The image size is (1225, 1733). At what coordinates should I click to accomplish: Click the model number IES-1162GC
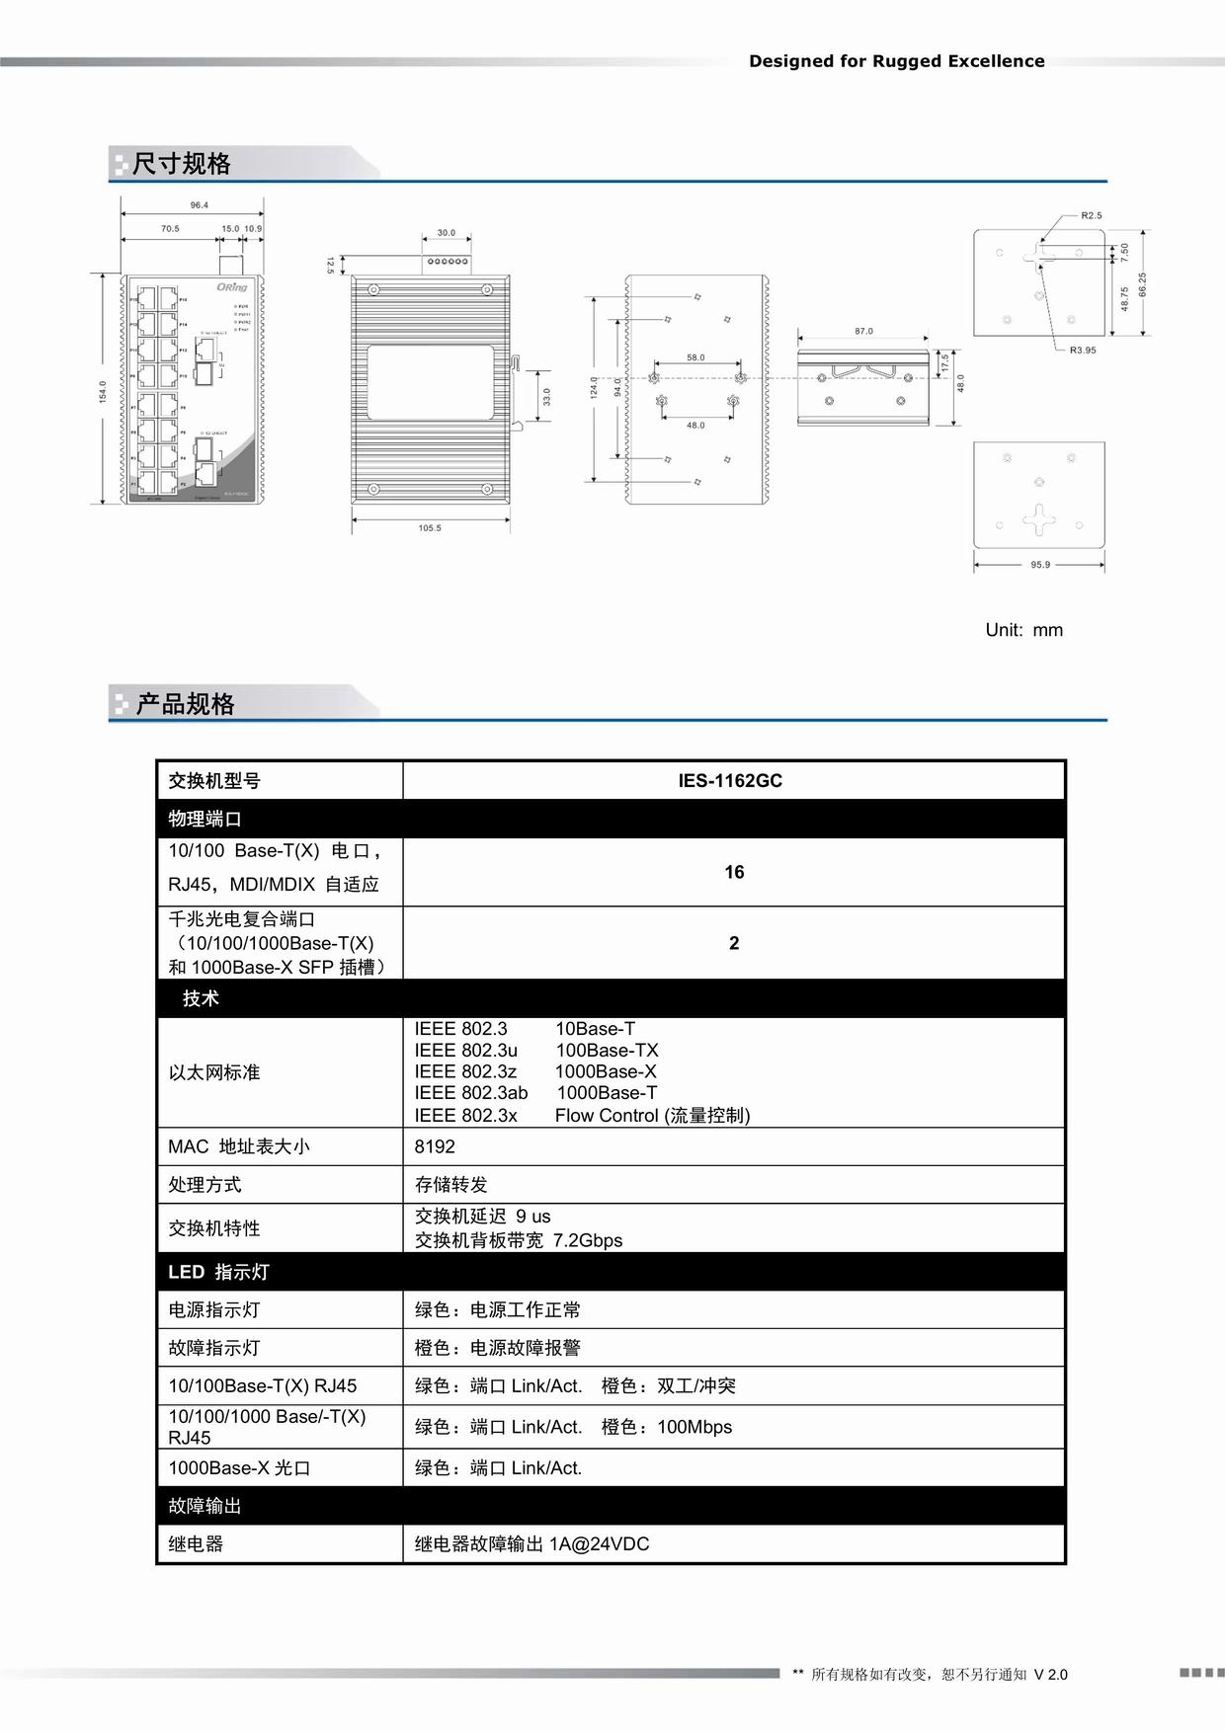pyautogui.click(x=729, y=780)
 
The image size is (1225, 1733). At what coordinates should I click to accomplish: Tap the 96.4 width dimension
pyautogui.click(x=200, y=205)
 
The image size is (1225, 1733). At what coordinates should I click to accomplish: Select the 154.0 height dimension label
pyautogui.click(x=103, y=391)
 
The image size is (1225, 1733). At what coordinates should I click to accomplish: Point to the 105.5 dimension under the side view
pyautogui.click(x=430, y=528)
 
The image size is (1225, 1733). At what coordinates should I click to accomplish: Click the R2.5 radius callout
pyautogui.click(x=1091, y=215)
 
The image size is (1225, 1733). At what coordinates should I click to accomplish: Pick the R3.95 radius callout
pyautogui.click(x=1083, y=351)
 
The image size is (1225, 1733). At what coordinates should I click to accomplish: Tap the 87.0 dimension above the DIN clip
pyautogui.click(x=863, y=332)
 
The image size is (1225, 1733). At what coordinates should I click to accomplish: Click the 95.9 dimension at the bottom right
pyautogui.click(x=1040, y=565)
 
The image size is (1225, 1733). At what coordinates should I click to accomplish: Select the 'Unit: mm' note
pyautogui.click(x=1023, y=630)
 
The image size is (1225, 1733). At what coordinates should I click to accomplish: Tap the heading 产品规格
pyautogui.click(x=185, y=704)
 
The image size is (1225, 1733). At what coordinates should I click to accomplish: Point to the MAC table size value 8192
pyautogui.click(x=435, y=1146)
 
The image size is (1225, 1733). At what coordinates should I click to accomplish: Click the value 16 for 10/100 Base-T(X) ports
pyautogui.click(x=734, y=872)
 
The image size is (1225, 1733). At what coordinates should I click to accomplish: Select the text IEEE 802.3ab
pyautogui.click(x=471, y=1093)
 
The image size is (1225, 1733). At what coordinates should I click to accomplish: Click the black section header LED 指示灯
pyautogui.click(x=218, y=1272)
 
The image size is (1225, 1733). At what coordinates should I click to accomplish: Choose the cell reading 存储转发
pyautogui.click(x=450, y=1184)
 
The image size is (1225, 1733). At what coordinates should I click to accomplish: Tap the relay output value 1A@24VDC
pyautogui.click(x=599, y=1543)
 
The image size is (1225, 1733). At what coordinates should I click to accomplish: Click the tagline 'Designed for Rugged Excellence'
pyautogui.click(x=896, y=61)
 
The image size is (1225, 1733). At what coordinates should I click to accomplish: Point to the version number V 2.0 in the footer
pyautogui.click(x=1050, y=1675)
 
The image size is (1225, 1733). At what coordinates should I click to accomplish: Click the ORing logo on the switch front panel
pyautogui.click(x=232, y=287)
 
